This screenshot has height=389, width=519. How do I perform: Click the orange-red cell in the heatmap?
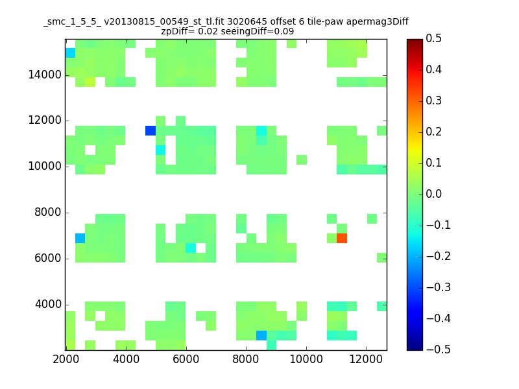click(x=342, y=238)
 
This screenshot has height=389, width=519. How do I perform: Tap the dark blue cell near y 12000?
click(x=151, y=130)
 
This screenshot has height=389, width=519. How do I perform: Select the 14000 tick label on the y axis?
click(x=45, y=75)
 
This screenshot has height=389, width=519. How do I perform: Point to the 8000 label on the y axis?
click(x=48, y=212)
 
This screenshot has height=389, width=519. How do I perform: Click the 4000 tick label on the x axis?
click(x=126, y=359)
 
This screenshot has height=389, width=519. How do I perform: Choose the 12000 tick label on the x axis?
click(x=366, y=359)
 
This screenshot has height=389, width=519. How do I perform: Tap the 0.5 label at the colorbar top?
click(x=433, y=38)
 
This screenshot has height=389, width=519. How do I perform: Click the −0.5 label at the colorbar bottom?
click(x=439, y=349)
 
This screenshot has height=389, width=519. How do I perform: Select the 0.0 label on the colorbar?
click(x=433, y=194)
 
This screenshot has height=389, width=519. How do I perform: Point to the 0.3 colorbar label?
click(x=433, y=100)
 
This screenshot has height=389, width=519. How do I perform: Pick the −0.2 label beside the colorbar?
click(x=439, y=256)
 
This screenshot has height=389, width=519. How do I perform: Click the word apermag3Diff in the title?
click(x=378, y=22)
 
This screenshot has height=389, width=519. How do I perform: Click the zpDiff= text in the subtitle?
click(x=178, y=31)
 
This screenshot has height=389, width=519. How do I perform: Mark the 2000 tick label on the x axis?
click(x=66, y=359)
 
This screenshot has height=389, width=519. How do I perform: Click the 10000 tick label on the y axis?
click(x=45, y=166)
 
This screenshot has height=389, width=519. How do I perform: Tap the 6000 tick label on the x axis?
click(x=186, y=359)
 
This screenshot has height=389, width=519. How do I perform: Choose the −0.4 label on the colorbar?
click(x=439, y=318)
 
